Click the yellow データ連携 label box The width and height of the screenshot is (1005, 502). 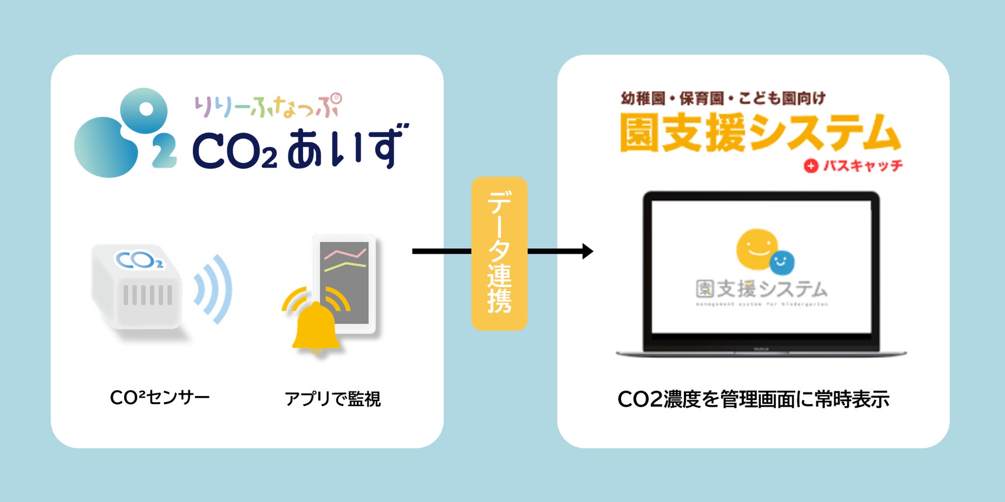499,253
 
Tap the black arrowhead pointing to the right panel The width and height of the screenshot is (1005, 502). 587,251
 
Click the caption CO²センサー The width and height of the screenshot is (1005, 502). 160,397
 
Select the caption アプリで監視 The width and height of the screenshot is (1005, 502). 332,399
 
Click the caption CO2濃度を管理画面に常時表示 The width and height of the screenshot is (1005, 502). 753,400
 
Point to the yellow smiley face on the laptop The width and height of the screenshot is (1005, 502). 756,249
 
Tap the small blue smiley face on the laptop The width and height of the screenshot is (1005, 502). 781,263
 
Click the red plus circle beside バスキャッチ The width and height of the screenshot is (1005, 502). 811,166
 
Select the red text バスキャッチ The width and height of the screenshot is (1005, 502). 863,165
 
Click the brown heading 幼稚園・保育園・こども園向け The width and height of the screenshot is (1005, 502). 723,98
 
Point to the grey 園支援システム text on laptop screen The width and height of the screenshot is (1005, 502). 761,289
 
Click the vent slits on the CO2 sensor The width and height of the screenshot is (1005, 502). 147,296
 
